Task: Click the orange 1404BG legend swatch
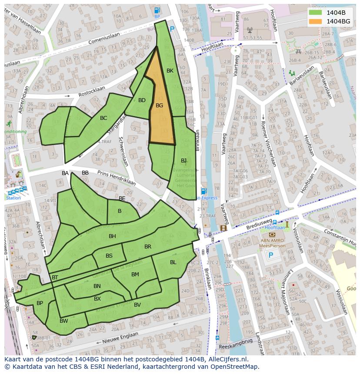(x=315, y=21)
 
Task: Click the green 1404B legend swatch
(x=315, y=13)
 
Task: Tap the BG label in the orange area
(x=160, y=105)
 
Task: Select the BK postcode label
(x=170, y=70)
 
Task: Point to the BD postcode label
(x=142, y=100)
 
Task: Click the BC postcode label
(x=103, y=118)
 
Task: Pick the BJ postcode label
(x=184, y=161)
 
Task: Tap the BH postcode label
(x=112, y=236)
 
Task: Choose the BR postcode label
(x=148, y=247)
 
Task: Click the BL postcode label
(x=173, y=262)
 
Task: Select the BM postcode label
(x=135, y=274)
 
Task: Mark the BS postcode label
(x=109, y=256)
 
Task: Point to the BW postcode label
(x=64, y=321)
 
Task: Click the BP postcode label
(x=40, y=303)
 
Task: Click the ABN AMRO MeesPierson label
(x=273, y=242)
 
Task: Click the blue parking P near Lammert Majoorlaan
(x=271, y=255)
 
